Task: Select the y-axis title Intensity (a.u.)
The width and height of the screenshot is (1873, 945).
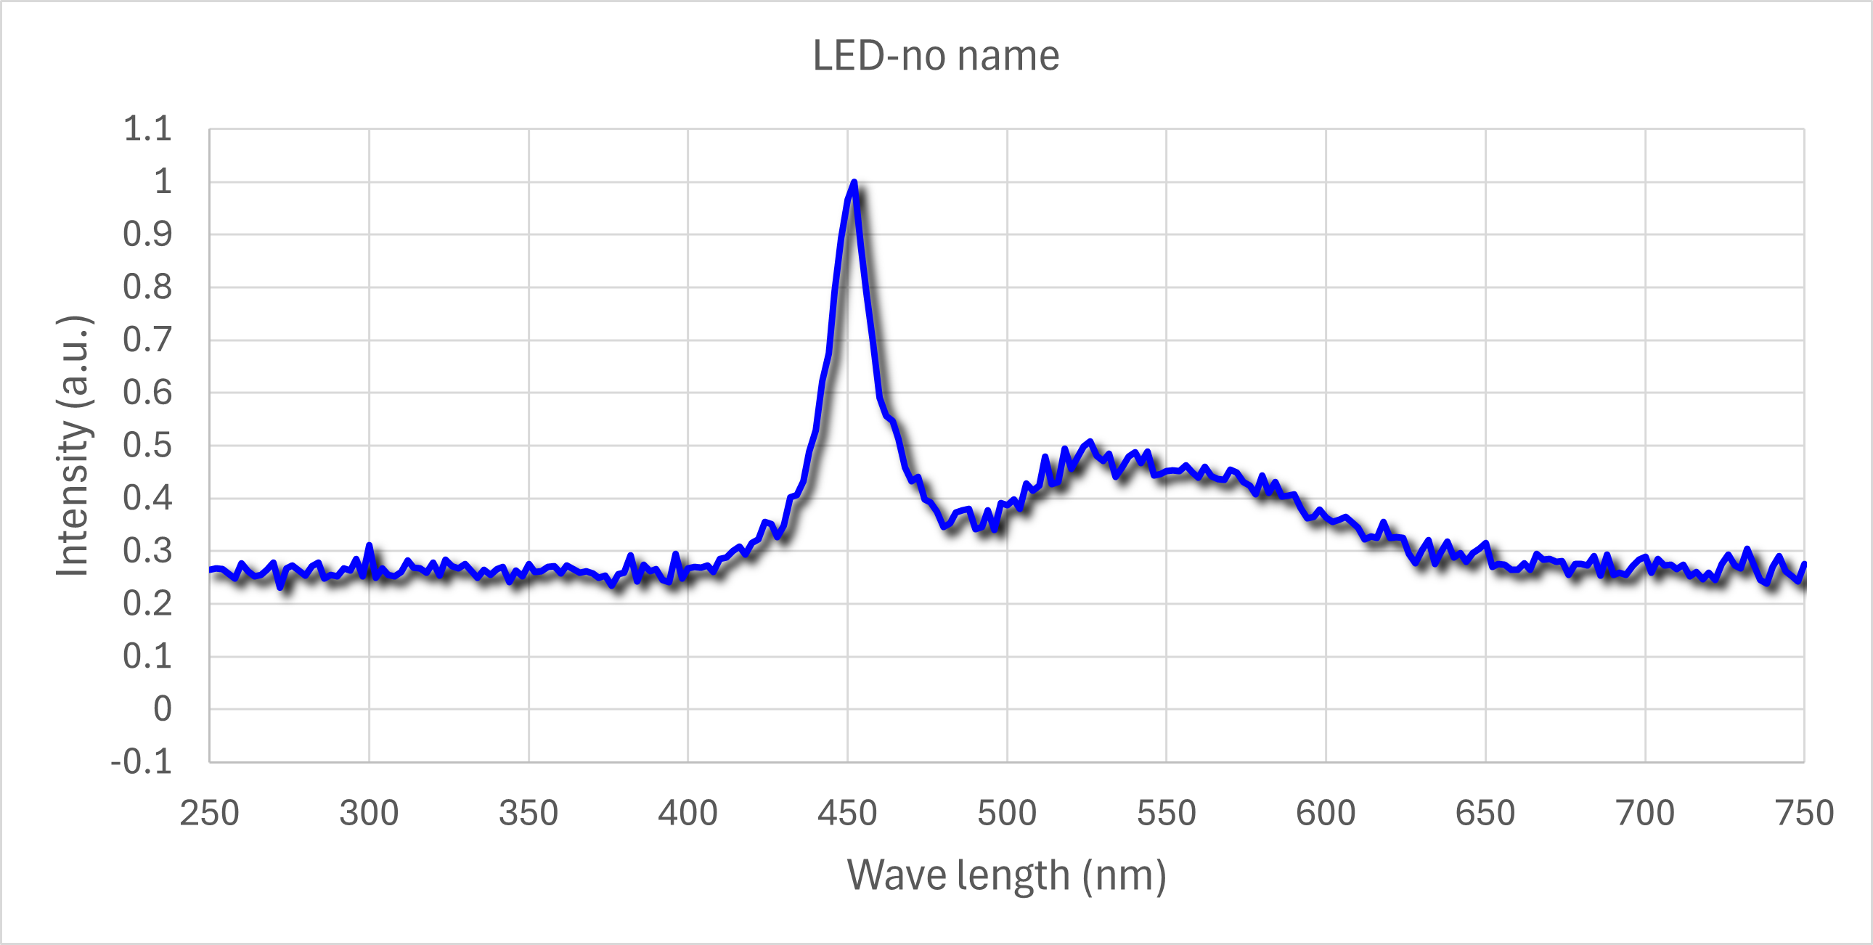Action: pos(73,446)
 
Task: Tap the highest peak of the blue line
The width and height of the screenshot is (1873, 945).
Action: pos(854,182)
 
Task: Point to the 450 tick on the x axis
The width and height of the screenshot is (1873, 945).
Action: pos(847,813)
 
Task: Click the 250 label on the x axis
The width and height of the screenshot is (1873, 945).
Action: pos(209,813)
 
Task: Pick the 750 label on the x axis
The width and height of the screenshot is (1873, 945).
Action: pos(1804,813)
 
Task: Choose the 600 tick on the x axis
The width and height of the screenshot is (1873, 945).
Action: pos(1326,813)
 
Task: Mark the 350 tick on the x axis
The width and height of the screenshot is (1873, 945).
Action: pos(529,813)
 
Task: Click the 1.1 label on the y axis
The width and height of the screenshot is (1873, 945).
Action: pos(147,129)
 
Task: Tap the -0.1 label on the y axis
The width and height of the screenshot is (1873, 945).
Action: pos(141,762)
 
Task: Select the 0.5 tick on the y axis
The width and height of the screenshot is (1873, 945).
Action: pos(147,446)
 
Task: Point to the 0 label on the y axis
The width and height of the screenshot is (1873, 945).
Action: pos(163,708)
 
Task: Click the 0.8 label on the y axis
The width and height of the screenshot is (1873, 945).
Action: pos(147,287)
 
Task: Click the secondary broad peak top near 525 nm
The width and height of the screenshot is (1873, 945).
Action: pos(1089,442)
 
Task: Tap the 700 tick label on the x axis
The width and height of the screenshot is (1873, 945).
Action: pos(1645,813)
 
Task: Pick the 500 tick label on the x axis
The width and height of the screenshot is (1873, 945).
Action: pos(1006,813)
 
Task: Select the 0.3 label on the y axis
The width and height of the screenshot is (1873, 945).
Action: pos(147,551)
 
